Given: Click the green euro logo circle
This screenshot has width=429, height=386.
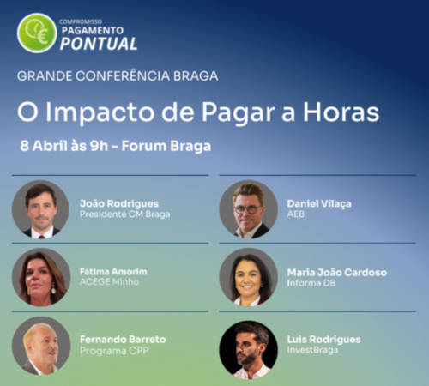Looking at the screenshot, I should click(37, 33).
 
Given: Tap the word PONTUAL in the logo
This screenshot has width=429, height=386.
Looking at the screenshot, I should click(99, 44).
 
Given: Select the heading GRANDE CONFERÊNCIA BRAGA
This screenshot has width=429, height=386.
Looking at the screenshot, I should click(118, 75).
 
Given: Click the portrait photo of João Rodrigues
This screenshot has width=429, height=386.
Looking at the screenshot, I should click(40, 208).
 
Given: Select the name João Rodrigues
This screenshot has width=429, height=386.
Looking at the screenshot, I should click(118, 203).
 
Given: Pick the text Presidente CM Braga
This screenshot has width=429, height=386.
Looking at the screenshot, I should click(124, 214).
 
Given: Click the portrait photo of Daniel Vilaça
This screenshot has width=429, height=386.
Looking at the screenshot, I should click(248, 208).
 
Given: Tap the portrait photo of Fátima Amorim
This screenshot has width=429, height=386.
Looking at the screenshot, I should click(40, 277).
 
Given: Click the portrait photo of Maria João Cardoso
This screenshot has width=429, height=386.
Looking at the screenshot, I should click(248, 277).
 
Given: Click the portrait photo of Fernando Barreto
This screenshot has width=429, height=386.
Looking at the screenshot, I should click(40, 347).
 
